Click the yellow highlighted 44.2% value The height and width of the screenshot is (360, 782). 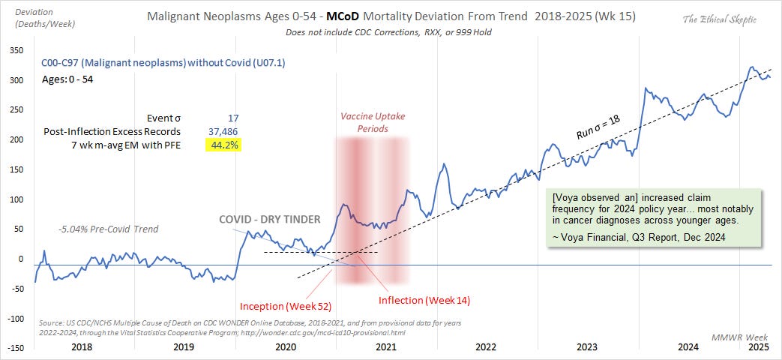(x=223, y=145)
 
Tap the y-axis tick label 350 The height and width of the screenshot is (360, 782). (x=16, y=50)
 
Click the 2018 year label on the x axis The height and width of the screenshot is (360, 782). (x=80, y=346)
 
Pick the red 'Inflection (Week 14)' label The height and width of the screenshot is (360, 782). (x=424, y=300)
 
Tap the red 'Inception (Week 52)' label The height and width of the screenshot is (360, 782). (x=286, y=306)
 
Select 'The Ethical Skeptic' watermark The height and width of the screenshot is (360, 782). (x=719, y=20)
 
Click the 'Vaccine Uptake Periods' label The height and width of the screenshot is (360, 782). (x=373, y=122)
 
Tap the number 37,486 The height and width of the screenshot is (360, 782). (x=223, y=132)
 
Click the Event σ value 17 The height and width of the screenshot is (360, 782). (x=233, y=118)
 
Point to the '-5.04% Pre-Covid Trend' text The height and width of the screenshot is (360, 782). (x=107, y=229)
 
